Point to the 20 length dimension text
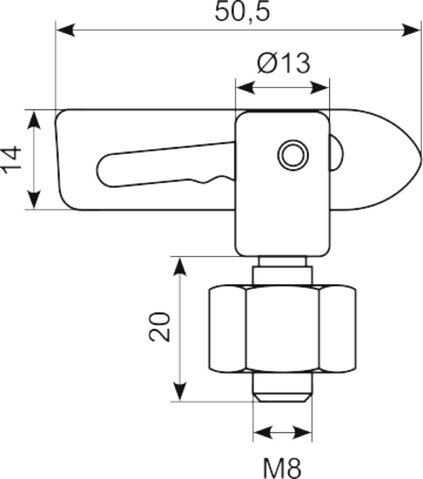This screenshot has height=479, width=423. click(x=159, y=326)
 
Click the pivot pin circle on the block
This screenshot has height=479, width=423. click(x=293, y=155)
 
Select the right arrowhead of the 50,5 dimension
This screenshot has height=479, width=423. click(x=411, y=30)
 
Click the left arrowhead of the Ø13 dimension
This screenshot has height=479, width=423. click(x=246, y=88)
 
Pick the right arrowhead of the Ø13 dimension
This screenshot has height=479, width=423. click(x=319, y=88)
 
